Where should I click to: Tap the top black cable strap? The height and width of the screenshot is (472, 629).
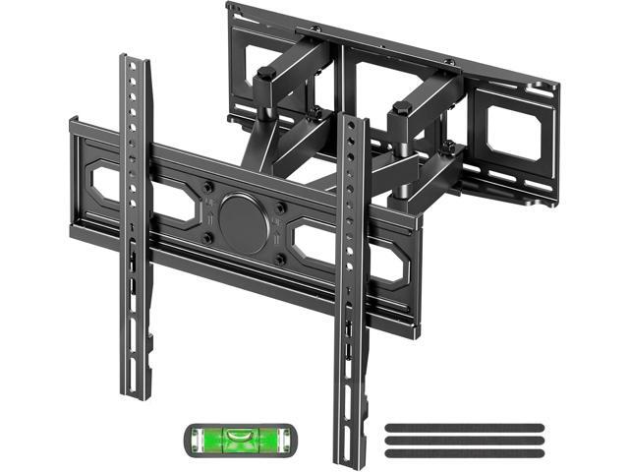tap(465, 401)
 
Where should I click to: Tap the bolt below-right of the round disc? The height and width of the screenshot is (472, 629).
tap(281, 259)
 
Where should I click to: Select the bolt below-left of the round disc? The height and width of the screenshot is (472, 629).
tap(205, 236)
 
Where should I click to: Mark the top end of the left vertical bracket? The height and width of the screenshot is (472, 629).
tap(135, 61)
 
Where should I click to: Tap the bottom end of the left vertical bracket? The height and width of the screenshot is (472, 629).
tap(137, 390)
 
